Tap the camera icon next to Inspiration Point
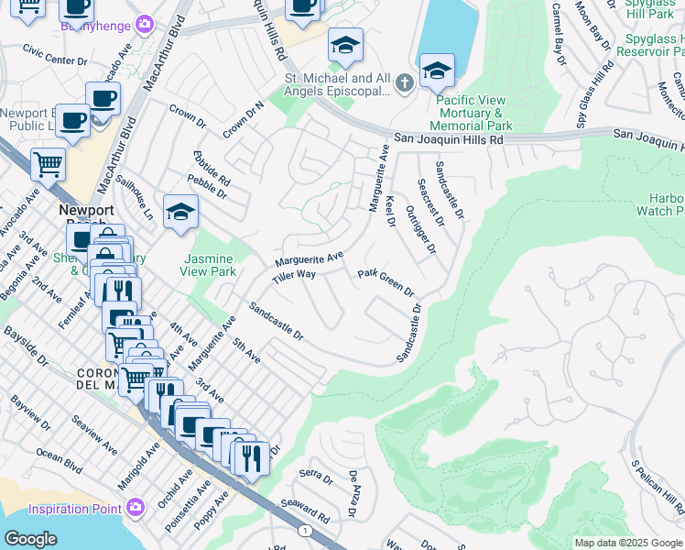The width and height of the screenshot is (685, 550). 136,507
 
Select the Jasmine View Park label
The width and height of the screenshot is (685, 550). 211,265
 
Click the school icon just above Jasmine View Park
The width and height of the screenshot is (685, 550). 180,214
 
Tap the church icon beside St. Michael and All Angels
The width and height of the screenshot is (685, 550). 404,84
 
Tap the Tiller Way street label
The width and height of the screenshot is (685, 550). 293,275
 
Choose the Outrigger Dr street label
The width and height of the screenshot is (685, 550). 421,228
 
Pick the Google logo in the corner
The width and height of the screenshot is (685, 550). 29,539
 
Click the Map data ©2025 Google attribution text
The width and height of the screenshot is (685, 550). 628,543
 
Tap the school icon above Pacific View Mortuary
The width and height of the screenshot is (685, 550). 437,70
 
